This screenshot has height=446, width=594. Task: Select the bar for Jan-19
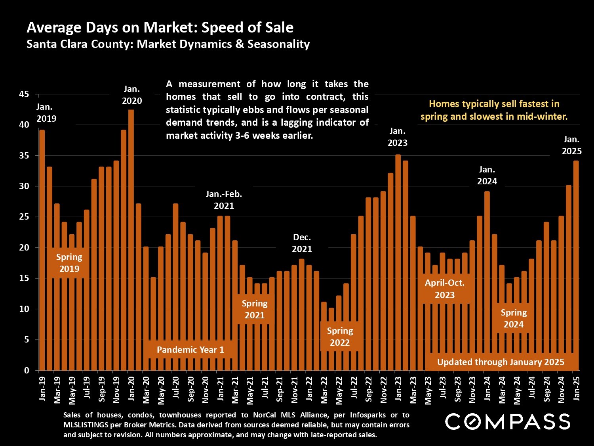click(x=42, y=250)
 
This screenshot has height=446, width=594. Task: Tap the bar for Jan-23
click(x=398, y=262)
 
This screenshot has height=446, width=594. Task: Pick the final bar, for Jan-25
click(x=576, y=266)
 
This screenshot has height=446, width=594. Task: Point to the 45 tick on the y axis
click(x=24, y=94)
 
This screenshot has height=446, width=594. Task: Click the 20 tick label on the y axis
click(x=24, y=248)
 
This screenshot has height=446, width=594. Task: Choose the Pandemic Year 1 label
click(x=190, y=350)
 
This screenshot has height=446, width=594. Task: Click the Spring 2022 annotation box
click(x=340, y=337)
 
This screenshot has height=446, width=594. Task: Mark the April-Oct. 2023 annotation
click(x=444, y=289)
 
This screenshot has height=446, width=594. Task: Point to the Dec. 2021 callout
click(x=302, y=243)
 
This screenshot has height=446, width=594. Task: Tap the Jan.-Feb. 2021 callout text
click(x=224, y=200)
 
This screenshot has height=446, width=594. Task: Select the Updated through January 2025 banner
click(x=501, y=362)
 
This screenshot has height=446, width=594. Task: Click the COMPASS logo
click(x=507, y=421)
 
